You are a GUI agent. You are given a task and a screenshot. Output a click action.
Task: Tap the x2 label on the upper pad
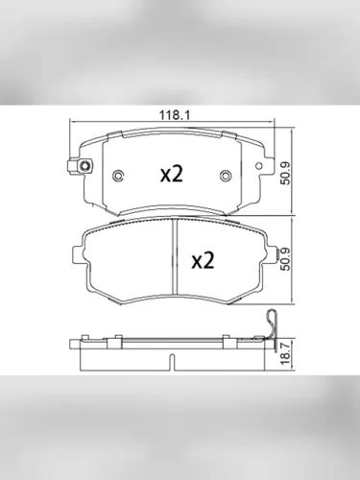coord(171,174)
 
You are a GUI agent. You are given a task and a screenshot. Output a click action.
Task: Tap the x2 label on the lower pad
coord(204,259)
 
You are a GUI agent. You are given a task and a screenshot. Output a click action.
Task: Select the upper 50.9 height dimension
coord(285,174)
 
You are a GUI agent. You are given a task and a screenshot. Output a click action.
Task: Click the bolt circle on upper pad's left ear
coord(85,167)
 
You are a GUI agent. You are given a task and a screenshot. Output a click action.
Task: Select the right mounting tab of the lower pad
coord(266,254)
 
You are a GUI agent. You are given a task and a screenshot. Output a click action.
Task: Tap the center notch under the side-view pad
coord(173,363)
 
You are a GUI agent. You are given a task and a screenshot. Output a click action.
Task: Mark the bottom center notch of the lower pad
coord(173,293)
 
